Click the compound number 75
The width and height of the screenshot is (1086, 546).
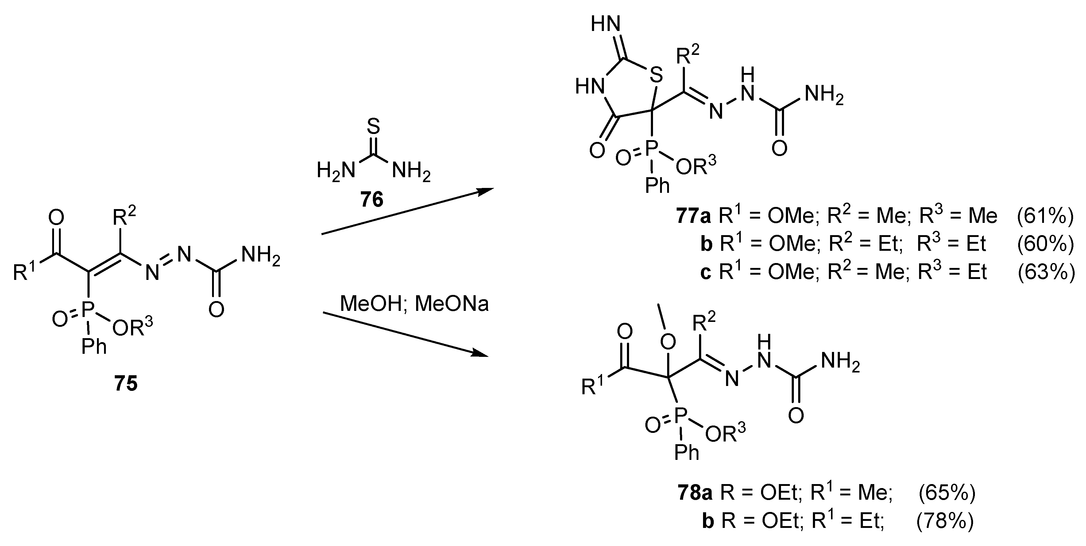[x=126, y=384]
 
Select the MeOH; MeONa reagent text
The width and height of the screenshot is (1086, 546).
[x=414, y=304]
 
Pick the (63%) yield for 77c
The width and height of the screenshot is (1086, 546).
[x=1045, y=272]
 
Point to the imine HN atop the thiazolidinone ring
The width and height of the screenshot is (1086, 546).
[x=606, y=24]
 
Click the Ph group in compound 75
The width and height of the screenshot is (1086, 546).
[x=94, y=347]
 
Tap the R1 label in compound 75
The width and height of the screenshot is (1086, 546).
[x=25, y=272]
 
